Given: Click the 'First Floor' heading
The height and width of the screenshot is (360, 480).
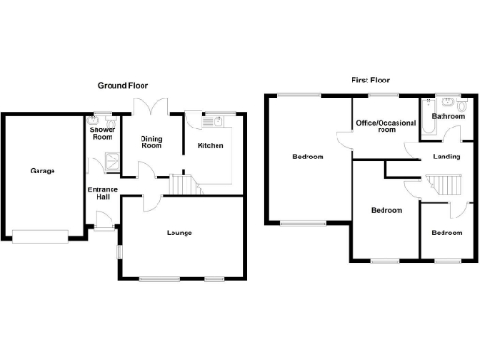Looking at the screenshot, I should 371,81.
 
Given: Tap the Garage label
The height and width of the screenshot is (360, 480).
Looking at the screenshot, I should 42,171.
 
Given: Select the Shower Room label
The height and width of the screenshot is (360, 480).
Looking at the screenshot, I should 101,132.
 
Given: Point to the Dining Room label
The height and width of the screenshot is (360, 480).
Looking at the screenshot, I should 151,142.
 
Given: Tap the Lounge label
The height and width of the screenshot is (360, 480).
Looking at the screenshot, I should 179,232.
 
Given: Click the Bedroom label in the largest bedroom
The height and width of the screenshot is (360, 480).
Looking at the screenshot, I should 307,157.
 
